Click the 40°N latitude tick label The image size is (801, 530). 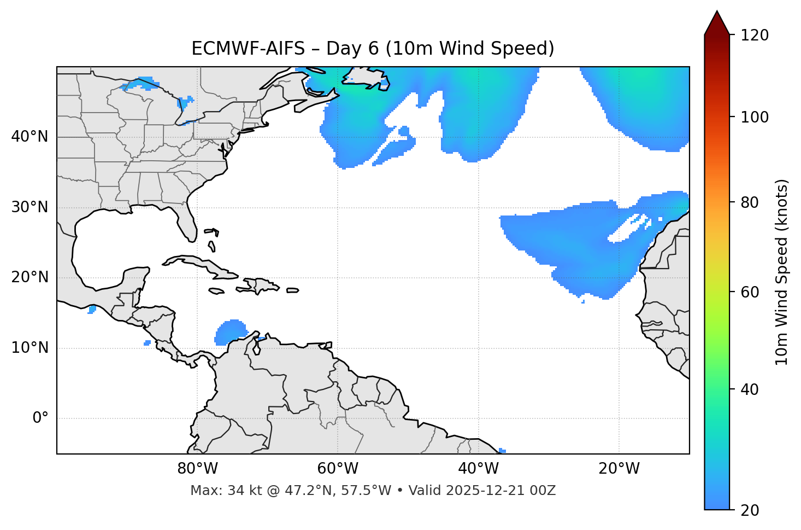30,137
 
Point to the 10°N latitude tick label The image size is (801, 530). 30,348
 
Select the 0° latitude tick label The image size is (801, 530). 40,418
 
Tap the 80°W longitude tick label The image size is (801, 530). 197,469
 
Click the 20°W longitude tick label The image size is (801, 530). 619,469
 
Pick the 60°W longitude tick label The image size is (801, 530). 338,469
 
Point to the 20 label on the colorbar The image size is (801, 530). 750,510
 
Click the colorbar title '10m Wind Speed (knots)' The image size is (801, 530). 782,272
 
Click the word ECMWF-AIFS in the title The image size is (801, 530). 248,49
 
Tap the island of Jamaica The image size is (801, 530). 216,292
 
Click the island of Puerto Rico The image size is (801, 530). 292,290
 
